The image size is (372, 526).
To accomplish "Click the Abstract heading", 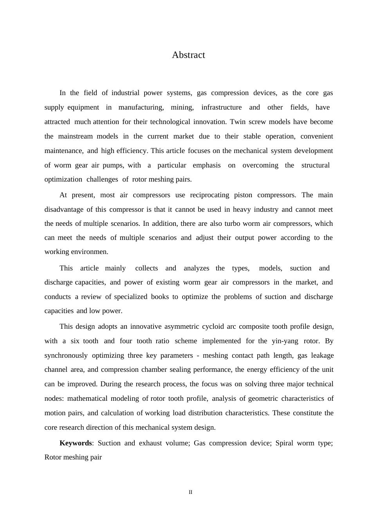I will pyautogui.click(x=188, y=55).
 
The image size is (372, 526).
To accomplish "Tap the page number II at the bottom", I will pyautogui.click(x=191, y=492).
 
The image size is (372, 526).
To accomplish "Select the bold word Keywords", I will pyautogui.click(x=76, y=443).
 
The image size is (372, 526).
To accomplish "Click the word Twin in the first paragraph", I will pyautogui.click(x=238, y=122).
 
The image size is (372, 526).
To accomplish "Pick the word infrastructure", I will pyautogui.click(x=221, y=107).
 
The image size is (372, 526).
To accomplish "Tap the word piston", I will pyautogui.click(x=243, y=195).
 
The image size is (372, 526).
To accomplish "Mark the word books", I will pyautogui.click(x=160, y=297).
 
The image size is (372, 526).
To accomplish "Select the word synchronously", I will pyautogui.click(x=66, y=355).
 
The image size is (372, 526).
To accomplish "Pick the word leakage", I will pyautogui.click(x=322, y=355).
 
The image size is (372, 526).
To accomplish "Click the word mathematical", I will pyautogui.click(x=87, y=398).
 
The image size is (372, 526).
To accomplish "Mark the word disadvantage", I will pyautogui.click(x=64, y=209).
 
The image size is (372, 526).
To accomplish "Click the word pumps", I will pyautogui.click(x=113, y=165).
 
